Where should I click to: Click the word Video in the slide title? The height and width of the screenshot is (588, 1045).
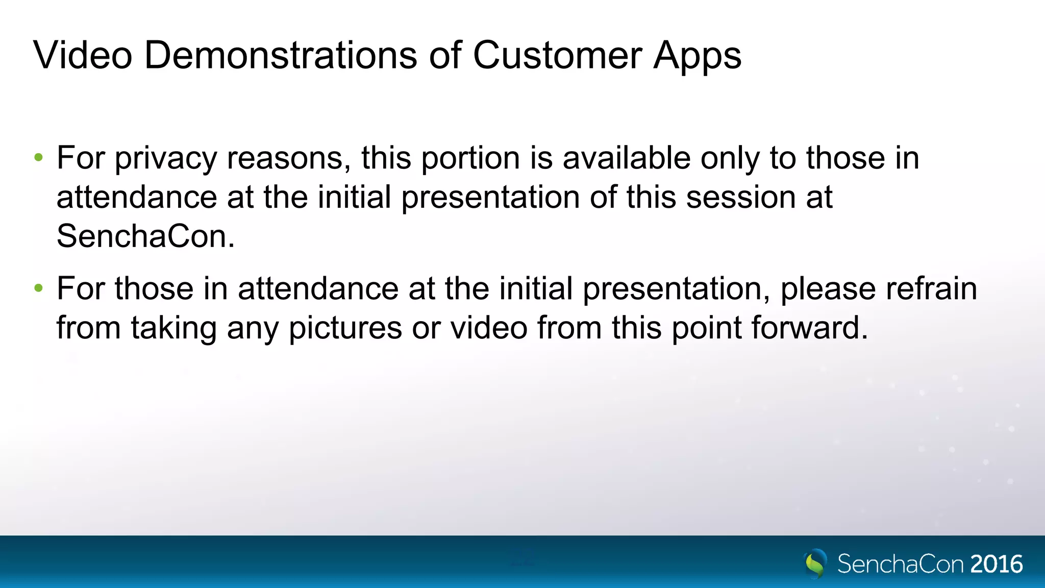(x=83, y=55)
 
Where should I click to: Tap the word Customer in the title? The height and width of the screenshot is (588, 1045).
(x=557, y=55)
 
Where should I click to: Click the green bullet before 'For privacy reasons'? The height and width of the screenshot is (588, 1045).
(x=39, y=158)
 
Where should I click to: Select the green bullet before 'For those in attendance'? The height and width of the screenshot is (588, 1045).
(x=39, y=288)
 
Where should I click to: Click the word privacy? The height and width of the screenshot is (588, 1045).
(x=166, y=159)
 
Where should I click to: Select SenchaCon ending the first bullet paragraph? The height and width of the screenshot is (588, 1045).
(x=145, y=236)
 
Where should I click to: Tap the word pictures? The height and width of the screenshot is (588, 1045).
(x=345, y=328)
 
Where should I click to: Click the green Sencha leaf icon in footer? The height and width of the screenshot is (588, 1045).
(x=815, y=563)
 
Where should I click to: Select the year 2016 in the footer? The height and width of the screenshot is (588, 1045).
(x=997, y=564)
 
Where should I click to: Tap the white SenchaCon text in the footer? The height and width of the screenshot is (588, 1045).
(x=901, y=564)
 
